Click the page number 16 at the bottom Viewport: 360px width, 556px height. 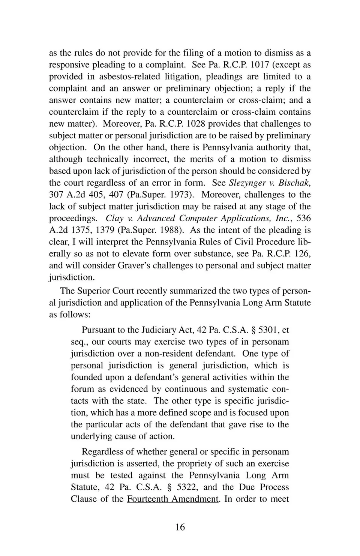[180, 527]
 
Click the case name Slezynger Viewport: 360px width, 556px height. [247, 183]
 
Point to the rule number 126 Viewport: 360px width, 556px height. [302, 254]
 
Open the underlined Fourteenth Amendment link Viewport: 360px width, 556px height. [172, 499]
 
